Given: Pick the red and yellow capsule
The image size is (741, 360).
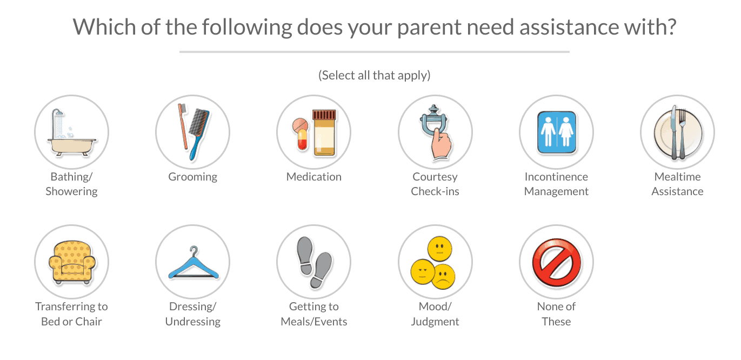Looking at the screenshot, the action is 303,139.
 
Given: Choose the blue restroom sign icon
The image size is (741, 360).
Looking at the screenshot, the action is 556,132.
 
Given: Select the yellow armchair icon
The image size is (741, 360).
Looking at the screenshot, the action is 72,262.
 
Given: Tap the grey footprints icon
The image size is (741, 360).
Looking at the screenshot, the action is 314,262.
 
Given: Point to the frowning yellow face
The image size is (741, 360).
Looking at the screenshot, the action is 444,277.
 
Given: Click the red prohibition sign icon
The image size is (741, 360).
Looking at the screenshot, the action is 556,262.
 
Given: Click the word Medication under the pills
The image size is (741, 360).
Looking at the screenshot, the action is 313,177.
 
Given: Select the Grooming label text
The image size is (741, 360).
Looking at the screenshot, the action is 192,177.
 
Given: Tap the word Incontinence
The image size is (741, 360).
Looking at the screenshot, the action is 556,177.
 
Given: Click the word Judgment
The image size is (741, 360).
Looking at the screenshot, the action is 435,322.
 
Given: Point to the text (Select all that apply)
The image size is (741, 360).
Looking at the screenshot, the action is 374,76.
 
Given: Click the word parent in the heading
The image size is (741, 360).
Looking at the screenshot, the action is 429,28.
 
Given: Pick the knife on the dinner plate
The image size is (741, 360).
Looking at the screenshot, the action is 673,132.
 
